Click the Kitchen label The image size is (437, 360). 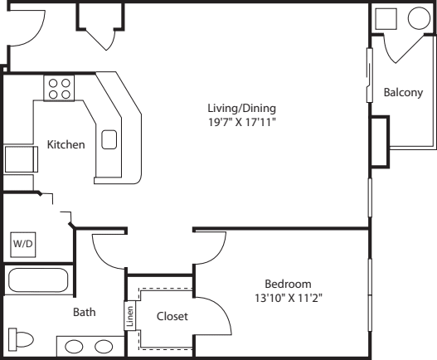pyautogui.click(x=66, y=144)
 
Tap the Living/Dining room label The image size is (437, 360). pyautogui.click(x=242, y=108)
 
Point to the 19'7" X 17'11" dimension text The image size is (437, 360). pyautogui.click(x=242, y=122)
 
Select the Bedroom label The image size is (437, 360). pyautogui.click(x=288, y=284)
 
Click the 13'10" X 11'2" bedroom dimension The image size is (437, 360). pyautogui.click(x=289, y=298)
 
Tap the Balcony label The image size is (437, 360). pyautogui.click(x=403, y=92)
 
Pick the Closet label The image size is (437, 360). pyautogui.click(x=172, y=316)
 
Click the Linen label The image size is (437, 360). pyautogui.click(x=130, y=316)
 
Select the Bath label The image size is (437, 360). pyautogui.click(x=85, y=312)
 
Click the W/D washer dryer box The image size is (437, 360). pyautogui.click(x=23, y=245)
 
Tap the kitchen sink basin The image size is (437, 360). pyautogui.click(x=109, y=139)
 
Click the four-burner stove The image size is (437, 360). pyautogui.click(x=59, y=88)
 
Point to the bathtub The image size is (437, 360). pyautogui.click(x=38, y=280)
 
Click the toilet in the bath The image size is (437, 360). pyautogui.click(x=21, y=339)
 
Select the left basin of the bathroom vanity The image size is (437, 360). pyautogui.click(x=74, y=347)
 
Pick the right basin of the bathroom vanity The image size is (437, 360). pyautogui.click(x=104, y=347)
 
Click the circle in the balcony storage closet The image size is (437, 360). pyautogui.click(x=419, y=18)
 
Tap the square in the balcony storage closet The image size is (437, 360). pyautogui.click(x=386, y=19)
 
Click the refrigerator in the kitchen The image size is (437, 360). pyautogui.click(x=22, y=159)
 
